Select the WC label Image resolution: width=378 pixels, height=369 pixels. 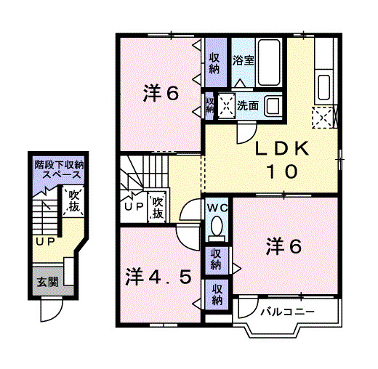217,208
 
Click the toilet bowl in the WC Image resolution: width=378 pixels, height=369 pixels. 216,228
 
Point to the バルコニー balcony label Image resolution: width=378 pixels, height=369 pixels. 287,313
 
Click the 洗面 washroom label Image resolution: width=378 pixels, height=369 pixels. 247,105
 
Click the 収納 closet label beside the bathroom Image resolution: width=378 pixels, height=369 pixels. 214,63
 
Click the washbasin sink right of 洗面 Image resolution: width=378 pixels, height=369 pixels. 273,106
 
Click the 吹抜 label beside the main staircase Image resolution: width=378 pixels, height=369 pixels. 156,208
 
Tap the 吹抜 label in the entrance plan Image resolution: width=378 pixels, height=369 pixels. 73,201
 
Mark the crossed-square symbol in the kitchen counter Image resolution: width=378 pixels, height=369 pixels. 321,115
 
